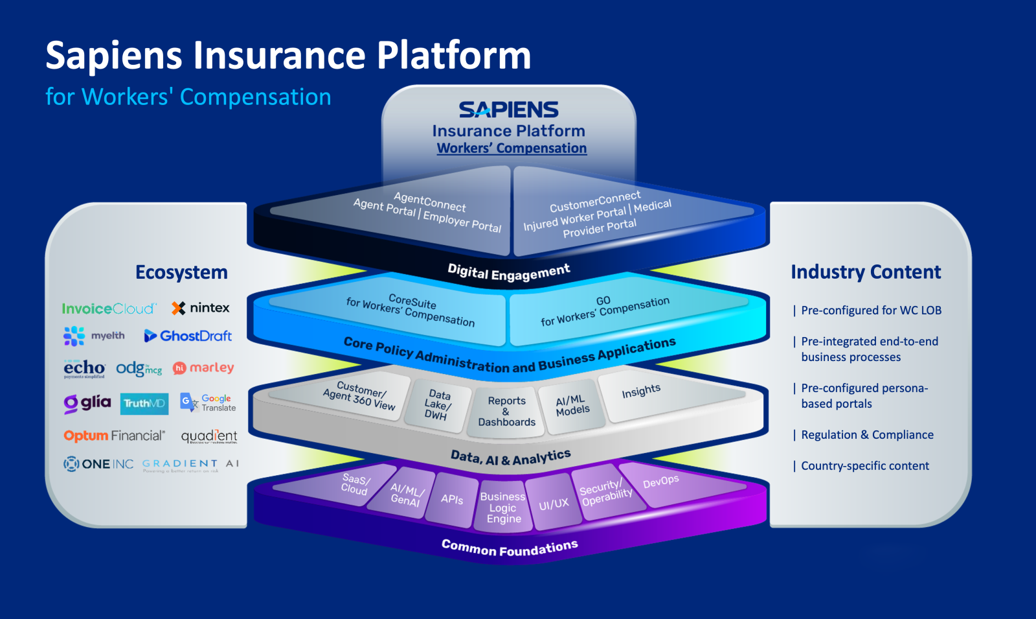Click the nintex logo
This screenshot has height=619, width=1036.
[x=201, y=308]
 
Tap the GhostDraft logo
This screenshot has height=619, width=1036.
[x=188, y=336]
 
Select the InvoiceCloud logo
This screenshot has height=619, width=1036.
[x=109, y=309]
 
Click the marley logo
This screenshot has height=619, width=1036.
[x=203, y=368]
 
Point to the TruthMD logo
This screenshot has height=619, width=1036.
[x=144, y=403]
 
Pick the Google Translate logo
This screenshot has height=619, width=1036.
[x=208, y=403]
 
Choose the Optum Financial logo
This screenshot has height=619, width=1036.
[x=114, y=436]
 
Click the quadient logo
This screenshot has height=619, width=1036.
[x=208, y=436]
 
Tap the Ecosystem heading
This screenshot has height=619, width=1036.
[x=181, y=272]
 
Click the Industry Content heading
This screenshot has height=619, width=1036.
[x=866, y=272]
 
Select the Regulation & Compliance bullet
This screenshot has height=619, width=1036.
[x=867, y=435]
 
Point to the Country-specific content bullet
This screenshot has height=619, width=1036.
[x=864, y=466]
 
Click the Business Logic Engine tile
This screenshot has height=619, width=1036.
[x=503, y=508]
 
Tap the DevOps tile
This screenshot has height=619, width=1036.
[x=660, y=482]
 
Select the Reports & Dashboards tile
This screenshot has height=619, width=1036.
[x=506, y=412]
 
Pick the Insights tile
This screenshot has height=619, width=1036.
[x=641, y=391]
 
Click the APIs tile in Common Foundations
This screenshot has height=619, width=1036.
[x=452, y=499]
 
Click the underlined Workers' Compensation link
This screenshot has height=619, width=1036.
[x=512, y=148]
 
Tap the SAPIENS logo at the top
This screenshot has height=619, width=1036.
[x=508, y=110]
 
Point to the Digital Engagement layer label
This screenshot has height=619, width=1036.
[x=509, y=272]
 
